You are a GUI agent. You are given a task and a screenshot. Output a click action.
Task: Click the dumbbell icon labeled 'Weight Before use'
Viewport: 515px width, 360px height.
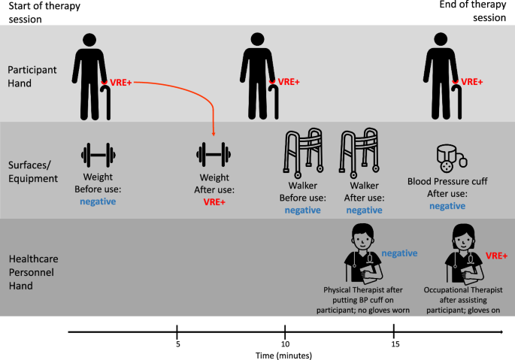98,156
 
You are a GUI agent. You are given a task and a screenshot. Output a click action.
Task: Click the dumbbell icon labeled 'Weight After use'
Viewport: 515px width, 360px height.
214,156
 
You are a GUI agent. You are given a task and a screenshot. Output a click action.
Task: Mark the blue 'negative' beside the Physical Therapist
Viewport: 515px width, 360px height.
398,253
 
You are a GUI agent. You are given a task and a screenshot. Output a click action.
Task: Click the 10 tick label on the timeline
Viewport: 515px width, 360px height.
286,344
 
